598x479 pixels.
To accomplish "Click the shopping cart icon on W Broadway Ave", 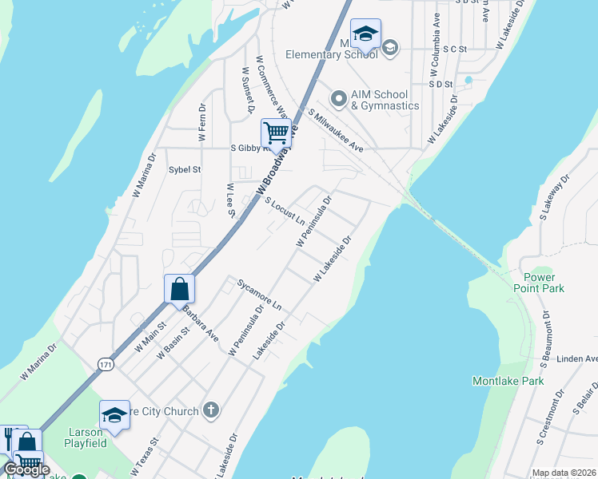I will coord(276,133).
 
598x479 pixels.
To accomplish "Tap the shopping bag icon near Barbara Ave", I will coord(179,288).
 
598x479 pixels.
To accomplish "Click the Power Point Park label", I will coord(539,282).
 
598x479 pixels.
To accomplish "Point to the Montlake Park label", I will coord(508,381).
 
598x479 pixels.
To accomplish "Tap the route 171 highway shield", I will coord(106,364).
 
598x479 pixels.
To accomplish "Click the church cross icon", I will coord(210,411).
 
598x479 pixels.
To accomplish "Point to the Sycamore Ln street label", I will coord(259,295).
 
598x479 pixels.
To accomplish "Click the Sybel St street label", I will coord(185,169).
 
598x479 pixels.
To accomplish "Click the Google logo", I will coord(27,469).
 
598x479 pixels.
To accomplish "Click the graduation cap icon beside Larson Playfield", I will coord(114,414).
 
